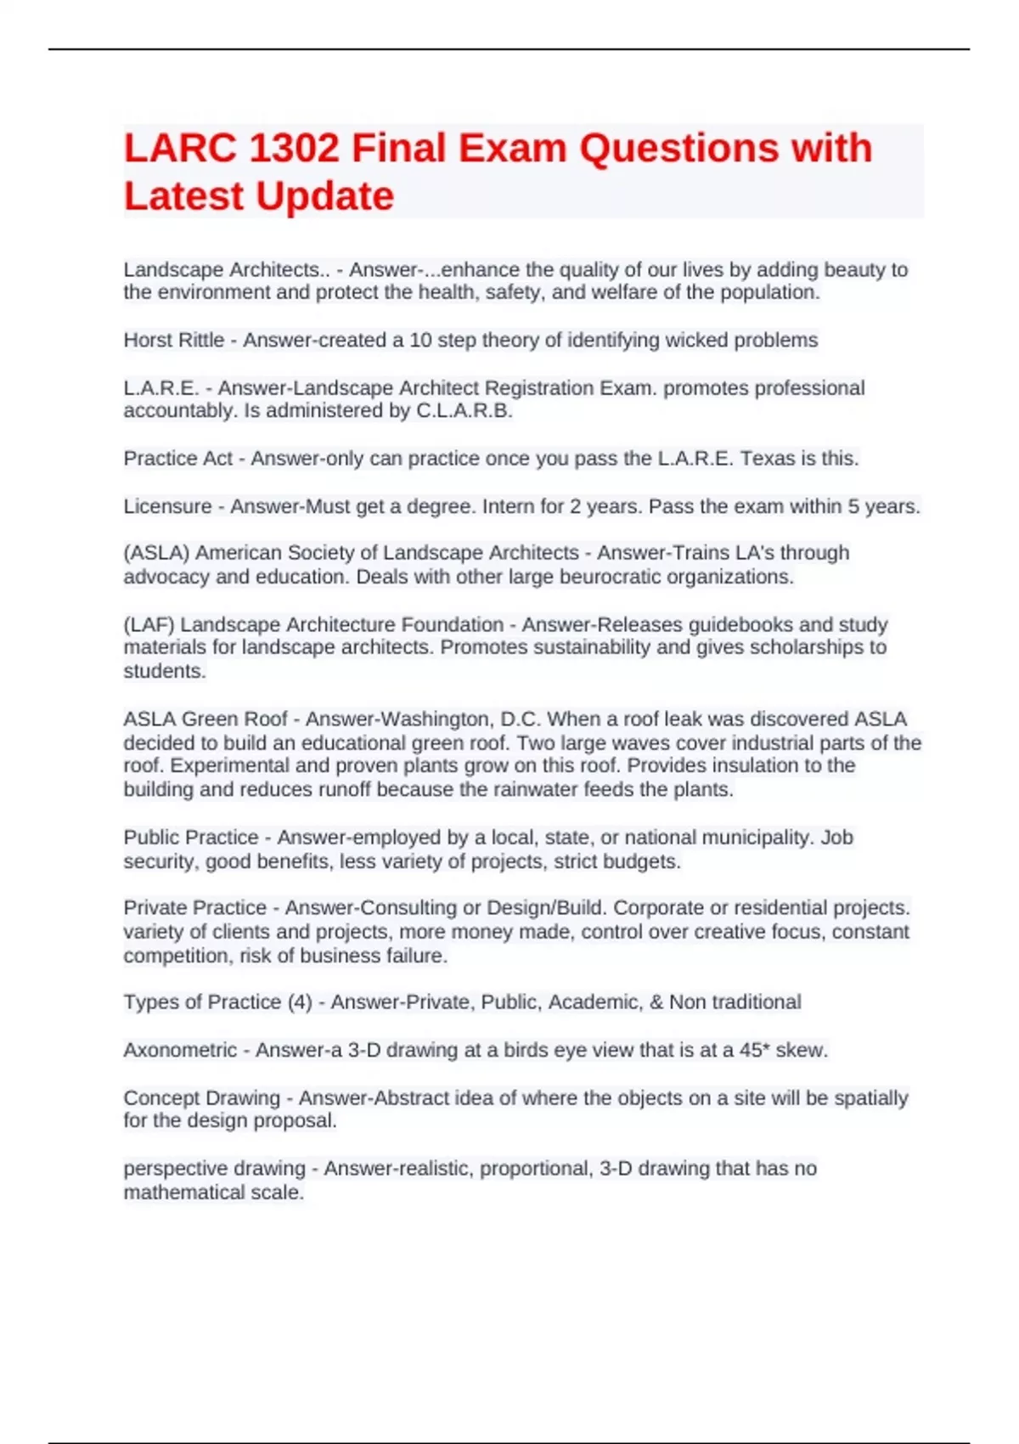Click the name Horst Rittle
173,341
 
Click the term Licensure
167,506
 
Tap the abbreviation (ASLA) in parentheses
156,553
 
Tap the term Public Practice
191,838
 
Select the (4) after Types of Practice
300,1002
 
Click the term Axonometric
180,1051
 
